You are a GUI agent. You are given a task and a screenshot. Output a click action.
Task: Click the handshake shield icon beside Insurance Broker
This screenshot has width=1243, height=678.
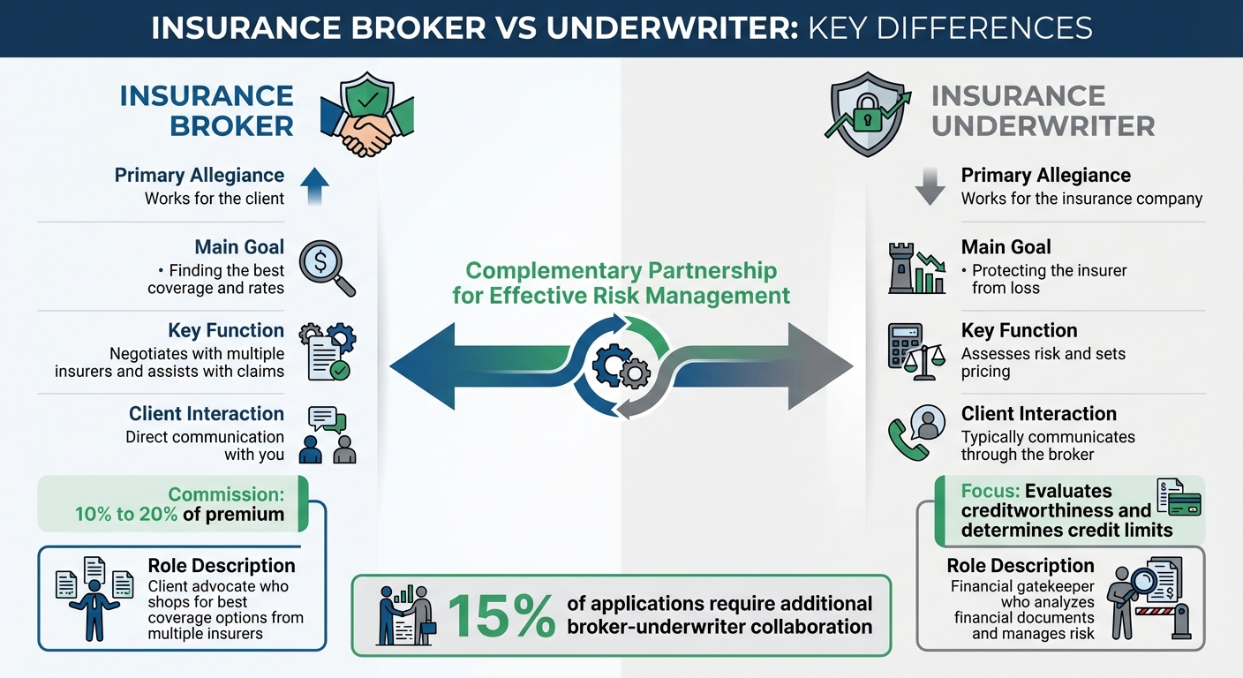point(366,115)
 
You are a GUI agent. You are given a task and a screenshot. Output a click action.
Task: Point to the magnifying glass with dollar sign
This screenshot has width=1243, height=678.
point(326,267)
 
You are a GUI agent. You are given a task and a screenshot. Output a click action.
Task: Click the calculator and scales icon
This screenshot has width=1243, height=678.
point(913,350)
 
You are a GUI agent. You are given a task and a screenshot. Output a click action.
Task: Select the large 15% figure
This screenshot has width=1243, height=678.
point(500,615)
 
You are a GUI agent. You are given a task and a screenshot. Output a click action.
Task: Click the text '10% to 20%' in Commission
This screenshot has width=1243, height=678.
point(126,514)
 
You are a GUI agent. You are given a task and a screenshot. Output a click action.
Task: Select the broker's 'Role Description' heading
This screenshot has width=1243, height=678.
point(221,566)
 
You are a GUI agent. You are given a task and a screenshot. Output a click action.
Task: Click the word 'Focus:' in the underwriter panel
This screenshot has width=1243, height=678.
point(990,491)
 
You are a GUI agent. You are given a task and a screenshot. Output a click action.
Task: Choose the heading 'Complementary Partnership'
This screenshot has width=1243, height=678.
point(621,270)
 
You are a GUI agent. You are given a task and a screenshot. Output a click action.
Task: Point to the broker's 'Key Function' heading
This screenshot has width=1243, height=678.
point(226,330)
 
